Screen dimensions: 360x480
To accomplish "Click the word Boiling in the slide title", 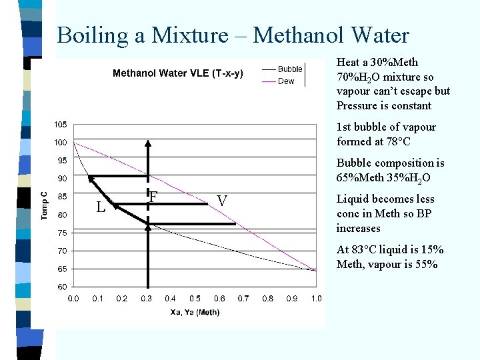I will coord(93,35).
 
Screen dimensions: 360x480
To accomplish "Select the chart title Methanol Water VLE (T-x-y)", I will coord(177,73).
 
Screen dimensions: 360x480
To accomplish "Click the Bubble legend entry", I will coord(290,69).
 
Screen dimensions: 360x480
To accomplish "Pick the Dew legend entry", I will coord(286,81).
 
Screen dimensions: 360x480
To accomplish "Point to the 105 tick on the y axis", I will coord(60,125).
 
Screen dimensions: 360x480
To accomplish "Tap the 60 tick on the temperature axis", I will coord(62,287).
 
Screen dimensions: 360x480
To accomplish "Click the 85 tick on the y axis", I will coord(62,197).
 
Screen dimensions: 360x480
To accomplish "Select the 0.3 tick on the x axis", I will coord(146,299).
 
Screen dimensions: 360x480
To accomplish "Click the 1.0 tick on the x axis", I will coord(316,299).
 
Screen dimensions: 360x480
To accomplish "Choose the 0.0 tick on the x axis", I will coord(73,299).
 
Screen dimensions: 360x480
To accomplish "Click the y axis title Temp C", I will coord(44,205).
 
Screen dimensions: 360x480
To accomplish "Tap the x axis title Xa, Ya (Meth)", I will coord(195,312).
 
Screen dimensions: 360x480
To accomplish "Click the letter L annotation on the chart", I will coord(101,207).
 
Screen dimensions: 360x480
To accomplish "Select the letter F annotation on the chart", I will coord(153,197).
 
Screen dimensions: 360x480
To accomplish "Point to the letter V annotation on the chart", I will coord(222,201).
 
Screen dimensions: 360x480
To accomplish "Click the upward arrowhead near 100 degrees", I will coord(149,144).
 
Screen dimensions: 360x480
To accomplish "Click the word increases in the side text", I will coord(359,228).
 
